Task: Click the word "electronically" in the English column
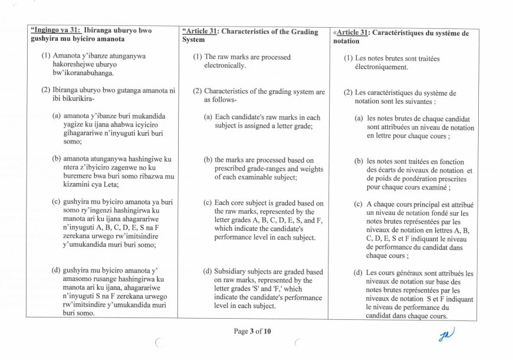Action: coord(225,66)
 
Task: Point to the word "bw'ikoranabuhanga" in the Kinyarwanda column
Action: coord(83,73)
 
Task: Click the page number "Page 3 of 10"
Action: coord(252,331)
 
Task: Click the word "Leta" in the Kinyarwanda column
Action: coord(109,185)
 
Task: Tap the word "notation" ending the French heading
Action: coord(346,41)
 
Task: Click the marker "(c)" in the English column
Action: coord(208,203)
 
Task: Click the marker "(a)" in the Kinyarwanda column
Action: coord(57,116)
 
